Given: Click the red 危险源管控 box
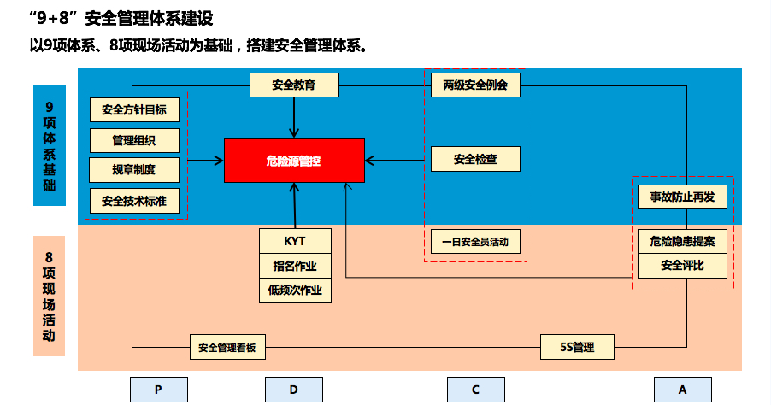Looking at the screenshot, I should pyautogui.click(x=294, y=161).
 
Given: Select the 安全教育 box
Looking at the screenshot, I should pyautogui.click(x=294, y=85).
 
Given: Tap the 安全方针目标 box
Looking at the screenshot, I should pyautogui.click(x=134, y=109).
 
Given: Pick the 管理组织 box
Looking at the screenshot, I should pyautogui.click(x=134, y=139).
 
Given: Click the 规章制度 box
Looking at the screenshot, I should pyautogui.click(x=134, y=169).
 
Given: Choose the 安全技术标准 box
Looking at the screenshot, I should pyautogui.click(x=134, y=202).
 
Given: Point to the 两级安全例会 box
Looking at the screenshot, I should pyautogui.click(x=475, y=85).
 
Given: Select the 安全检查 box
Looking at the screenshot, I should pyautogui.click(x=475, y=159).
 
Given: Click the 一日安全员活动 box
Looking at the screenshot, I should pyautogui.click(x=475, y=242).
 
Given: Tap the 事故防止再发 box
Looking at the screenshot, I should pyautogui.click(x=682, y=197).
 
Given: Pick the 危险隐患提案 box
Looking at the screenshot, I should pyautogui.click(x=682, y=242).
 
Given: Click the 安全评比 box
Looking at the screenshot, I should pyautogui.click(x=682, y=266).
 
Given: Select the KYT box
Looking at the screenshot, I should pyautogui.click(x=295, y=241).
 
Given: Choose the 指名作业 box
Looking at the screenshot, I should pyautogui.click(x=295, y=265).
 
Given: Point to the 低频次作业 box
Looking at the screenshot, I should pyautogui.click(x=295, y=290).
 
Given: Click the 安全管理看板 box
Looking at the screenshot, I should pyautogui.click(x=228, y=348).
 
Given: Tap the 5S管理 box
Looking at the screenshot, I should pyautogui.click(x=577, y=348).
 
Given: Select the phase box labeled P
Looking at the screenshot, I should pyautogui.click(x=158, y=390).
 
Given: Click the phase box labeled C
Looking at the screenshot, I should pyautogui.click(x=475, y=390).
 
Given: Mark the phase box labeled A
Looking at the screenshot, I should pyautogui.click(x=682, y=390).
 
